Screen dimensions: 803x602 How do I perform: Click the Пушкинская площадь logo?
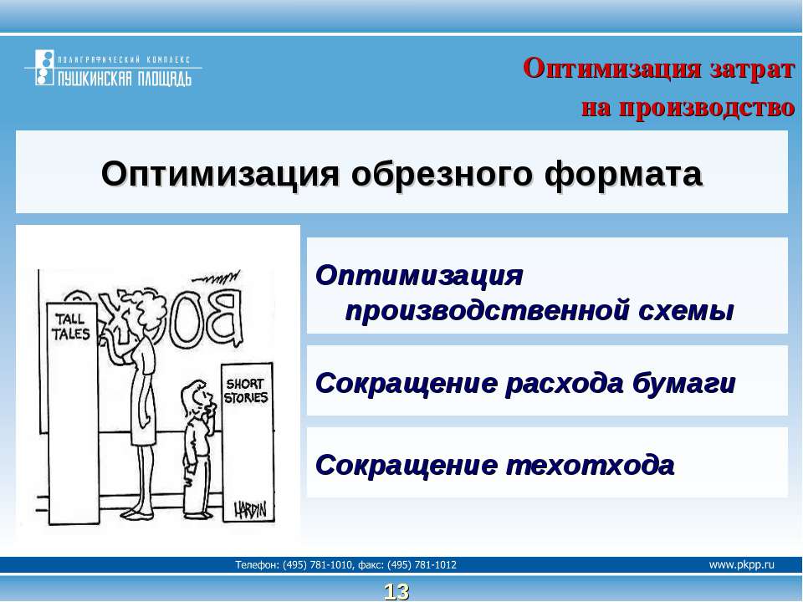(x=113, y=68)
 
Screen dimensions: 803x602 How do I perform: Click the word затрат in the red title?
(x=752, y=69)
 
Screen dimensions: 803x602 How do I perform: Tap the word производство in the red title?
(x=707, y=108)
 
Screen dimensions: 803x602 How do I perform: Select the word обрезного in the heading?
(x=442, y=174)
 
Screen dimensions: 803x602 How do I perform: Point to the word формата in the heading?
(x=622, y=175)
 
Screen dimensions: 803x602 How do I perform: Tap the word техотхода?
(x=590, y=466)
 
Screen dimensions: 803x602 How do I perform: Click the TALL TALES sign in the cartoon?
(x=71, y=327)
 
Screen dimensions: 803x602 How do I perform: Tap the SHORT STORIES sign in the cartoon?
(x=246, y=390)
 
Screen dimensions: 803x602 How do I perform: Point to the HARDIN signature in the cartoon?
(x=250, y=510)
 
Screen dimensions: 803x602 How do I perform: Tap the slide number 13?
(x=396, y=592)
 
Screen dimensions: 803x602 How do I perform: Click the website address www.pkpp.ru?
(x=742, y=564)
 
